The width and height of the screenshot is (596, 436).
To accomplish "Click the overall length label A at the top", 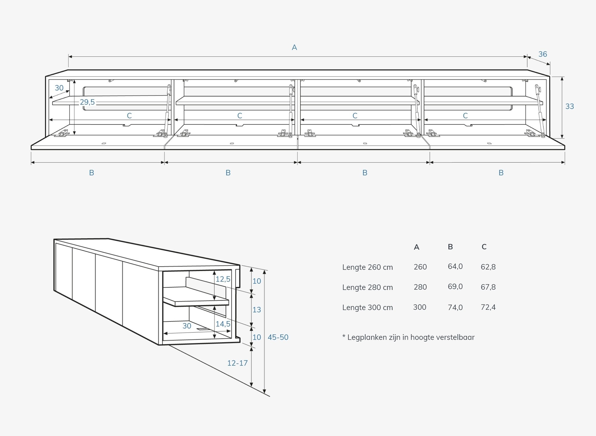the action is pos(294,47).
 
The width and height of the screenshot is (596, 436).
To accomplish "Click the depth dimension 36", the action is pos(543,54).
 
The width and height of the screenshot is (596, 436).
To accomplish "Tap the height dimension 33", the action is pos(570,106).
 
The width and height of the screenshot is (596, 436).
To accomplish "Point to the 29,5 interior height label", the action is pos(87,102).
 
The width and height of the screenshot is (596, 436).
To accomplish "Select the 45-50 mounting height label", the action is pos(278,337).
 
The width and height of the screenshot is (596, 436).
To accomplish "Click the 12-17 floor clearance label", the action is pos(237,363).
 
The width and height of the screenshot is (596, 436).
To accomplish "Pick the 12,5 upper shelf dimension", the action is pos(223,279).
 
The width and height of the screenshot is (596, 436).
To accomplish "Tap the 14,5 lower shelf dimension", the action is pos(223,324).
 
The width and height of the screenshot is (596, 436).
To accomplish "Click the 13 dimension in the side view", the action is pos(257,310).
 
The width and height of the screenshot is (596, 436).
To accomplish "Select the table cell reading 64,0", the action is pos(455,266).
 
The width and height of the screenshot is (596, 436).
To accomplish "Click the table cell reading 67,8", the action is pos(488,287).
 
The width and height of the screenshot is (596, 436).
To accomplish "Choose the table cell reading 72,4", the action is pos(488,307).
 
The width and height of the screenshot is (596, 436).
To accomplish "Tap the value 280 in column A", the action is pos(420,287).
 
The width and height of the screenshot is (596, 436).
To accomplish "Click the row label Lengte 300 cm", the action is pos(368,307).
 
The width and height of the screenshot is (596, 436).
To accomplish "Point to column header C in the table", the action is pos(484,247).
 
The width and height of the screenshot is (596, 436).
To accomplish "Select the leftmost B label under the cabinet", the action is pos(91,173).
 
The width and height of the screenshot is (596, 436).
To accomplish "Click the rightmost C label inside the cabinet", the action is pos(465,116).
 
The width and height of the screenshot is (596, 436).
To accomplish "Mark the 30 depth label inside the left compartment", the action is pos(59,88).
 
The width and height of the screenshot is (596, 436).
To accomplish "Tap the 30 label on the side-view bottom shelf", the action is pos(187,326).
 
